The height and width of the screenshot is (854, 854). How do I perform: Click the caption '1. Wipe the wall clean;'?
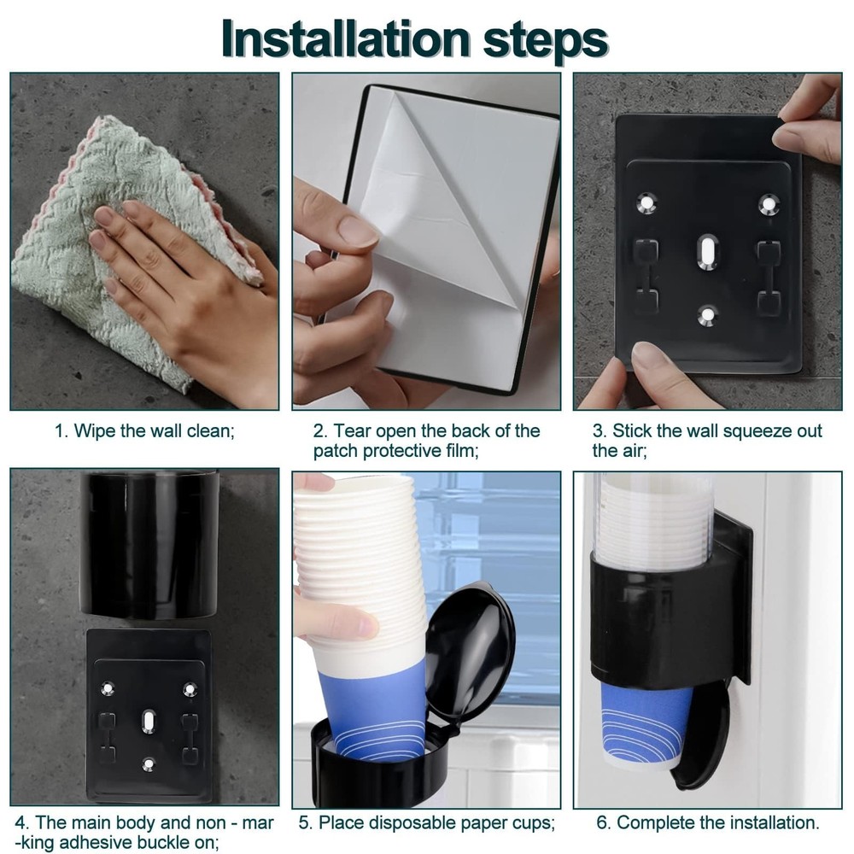[x=144, y=431]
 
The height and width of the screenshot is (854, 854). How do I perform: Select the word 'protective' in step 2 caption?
[x=399, y=452]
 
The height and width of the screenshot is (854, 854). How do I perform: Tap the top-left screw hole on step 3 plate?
[x=647, y=203]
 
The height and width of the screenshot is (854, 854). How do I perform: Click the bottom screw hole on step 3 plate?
[x=707, y=314]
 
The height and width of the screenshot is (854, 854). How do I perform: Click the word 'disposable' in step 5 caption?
[x=415, y=823]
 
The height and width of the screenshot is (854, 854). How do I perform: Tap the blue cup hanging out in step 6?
[x=646, y=726]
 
